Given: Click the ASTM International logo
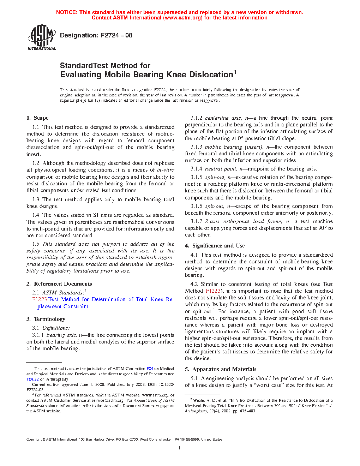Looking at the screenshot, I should coord(42,37).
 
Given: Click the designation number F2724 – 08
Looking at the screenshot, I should coord(116,35).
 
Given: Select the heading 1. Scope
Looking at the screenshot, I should coord(37,118).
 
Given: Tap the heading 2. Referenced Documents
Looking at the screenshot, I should coord(59,284).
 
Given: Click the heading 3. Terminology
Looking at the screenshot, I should coord(46,319).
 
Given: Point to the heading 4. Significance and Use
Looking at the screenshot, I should coord(215,246).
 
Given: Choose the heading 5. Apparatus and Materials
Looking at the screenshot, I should coord(221,369).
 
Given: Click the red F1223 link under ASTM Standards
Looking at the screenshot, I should coord(39,299).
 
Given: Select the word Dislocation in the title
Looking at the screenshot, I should coord(211,75).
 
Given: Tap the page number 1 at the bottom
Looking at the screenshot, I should coord(180,448).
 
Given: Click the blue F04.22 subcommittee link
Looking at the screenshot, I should coord(32,379).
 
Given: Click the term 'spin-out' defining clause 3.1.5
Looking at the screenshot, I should coord(215,177).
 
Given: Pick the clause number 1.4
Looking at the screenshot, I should coord(36,215).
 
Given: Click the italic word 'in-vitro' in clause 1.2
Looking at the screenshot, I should coord(166,170).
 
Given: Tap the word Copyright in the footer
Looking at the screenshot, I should coord(34,440).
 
